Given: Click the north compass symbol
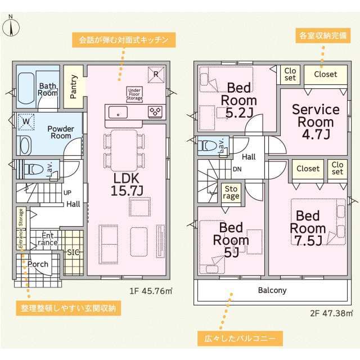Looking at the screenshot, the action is [11, 26].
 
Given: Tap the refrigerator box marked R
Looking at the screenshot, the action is [156, 75].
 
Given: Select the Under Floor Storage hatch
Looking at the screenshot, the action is [134, 94].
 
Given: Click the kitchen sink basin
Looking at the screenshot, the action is [118, 112].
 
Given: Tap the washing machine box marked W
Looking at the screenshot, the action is [26, 121].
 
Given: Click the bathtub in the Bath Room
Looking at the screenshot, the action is [26, 88].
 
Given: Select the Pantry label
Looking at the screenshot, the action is [74, 87].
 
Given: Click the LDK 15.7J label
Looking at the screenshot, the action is [127, 184].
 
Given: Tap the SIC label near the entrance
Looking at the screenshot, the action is [74, 253].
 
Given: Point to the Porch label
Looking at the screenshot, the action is [38, 264].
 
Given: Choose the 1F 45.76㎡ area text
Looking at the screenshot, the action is [151, 291].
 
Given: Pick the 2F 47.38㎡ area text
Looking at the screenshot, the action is [331, 313].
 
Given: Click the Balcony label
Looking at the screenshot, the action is [272, 290].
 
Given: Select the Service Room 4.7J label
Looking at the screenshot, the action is [316, 122].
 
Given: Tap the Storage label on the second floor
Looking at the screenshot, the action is [231, 193].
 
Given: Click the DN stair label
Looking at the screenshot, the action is [237, 169].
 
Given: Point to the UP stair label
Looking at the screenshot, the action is [67, 192].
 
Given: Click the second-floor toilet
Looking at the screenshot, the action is [208, 145].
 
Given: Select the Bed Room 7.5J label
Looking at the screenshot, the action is [308, 228].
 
